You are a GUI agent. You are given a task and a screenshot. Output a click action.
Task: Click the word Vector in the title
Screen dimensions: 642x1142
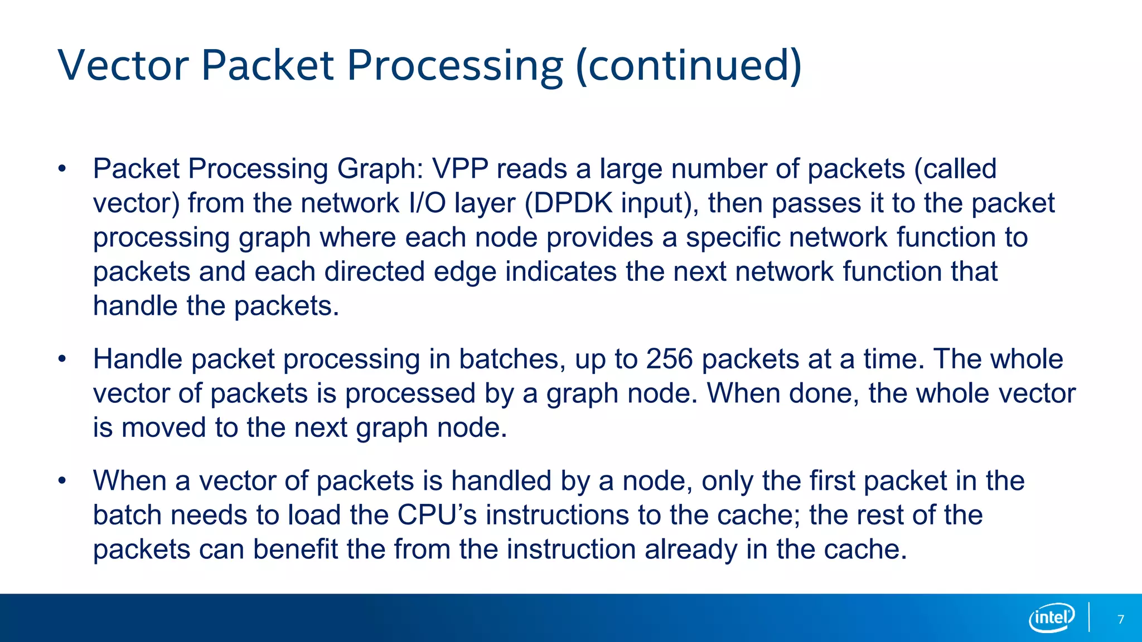(x=123, y=65)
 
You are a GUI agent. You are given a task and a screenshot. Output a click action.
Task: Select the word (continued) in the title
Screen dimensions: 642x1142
(x=689, y=65)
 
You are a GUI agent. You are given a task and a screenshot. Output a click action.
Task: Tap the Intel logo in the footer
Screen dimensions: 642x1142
(x=1052, y=617)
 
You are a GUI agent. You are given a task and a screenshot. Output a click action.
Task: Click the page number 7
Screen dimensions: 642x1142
(x=1121, y=619)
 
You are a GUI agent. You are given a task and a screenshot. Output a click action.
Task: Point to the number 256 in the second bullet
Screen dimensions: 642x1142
(x=670, y=359)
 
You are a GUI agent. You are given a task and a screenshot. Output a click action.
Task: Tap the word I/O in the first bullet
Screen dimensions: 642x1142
(x=427, y=203)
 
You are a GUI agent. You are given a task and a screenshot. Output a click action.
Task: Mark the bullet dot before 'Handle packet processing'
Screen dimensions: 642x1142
(x=62, y=359)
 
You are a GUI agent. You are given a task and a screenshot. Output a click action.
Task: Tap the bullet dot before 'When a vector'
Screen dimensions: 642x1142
(x=62, y=481)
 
